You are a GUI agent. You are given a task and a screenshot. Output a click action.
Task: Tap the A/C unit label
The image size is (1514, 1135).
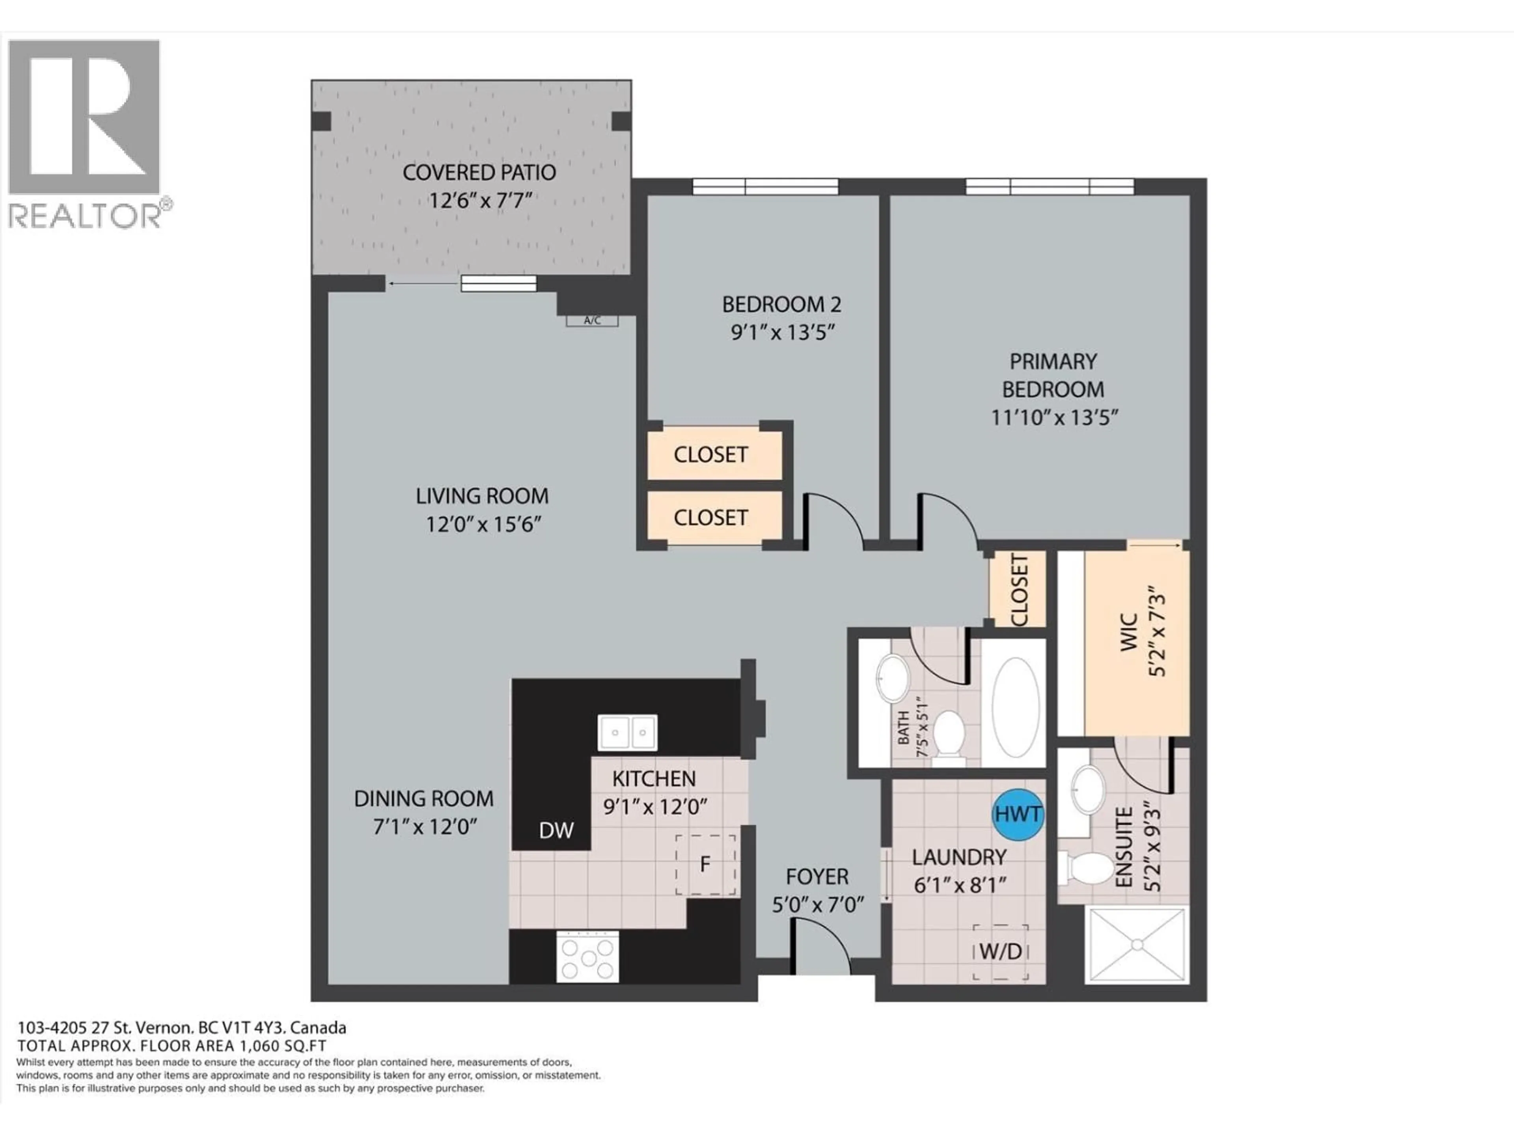pyautogui.click(x=592, y=320)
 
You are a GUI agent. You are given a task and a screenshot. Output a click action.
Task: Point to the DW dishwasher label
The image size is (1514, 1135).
pyautogui.click(x=556, y=830)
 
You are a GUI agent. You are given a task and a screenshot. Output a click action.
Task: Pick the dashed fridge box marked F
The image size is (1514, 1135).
pyautogui.click(x=706, y=864)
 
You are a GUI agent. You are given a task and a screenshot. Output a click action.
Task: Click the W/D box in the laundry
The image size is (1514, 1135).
pyautogui.click(x=1001, y=952)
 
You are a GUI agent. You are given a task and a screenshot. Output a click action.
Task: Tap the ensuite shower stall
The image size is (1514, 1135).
pyautogui.click(x=1136, y=945)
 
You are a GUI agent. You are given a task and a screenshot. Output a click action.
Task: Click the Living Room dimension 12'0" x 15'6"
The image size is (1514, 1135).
pyautogui.click(x=483, y=525)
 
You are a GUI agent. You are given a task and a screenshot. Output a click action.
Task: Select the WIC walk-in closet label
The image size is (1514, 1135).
pyautogui.click(x=1129, y=633)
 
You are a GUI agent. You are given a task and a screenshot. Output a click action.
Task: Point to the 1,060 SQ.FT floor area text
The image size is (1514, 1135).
pyautogui.click(x=281, y=1046)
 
